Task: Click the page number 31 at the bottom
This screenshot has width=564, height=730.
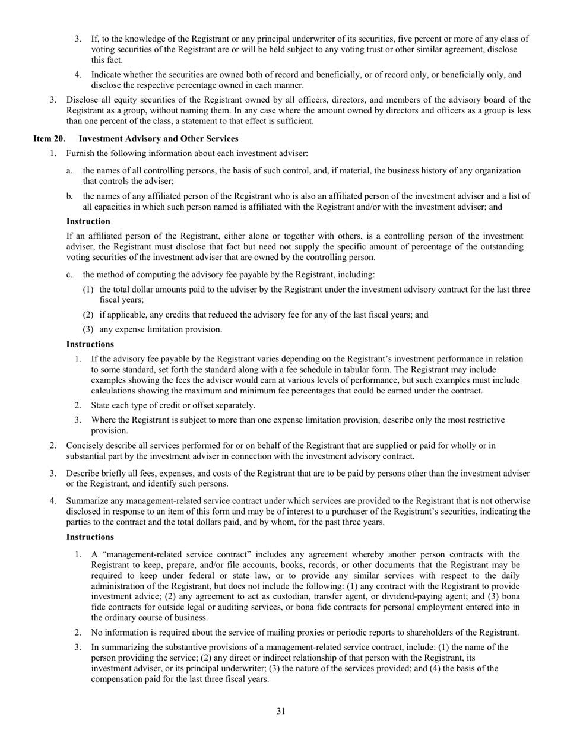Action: [x=281, y=711]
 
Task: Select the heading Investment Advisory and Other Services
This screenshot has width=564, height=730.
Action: [x=159, y=139]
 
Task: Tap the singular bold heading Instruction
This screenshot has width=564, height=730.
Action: [x=88, y=221]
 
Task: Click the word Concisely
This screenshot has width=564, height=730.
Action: [x=85, y=445]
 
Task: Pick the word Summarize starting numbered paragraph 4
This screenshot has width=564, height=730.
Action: [x=87, y=502]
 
